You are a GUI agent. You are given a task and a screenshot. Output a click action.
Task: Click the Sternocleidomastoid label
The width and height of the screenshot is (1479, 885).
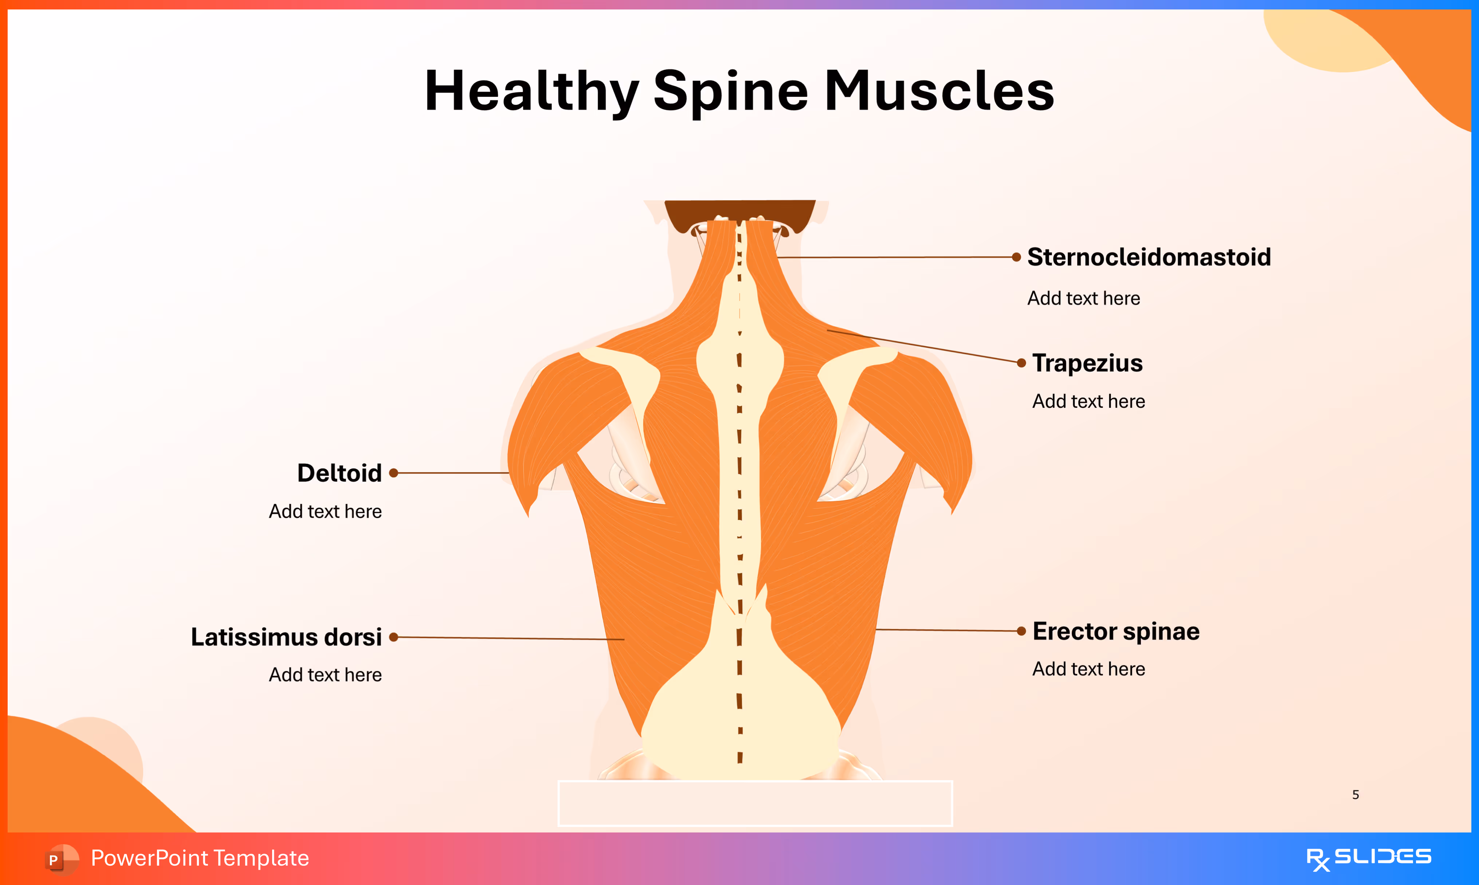1149,257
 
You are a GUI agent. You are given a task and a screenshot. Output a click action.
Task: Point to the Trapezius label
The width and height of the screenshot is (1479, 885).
1087,363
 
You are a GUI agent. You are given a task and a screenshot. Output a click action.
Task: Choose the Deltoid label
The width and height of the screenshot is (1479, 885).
340,473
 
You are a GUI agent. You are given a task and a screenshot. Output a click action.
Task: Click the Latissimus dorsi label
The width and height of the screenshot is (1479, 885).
286,637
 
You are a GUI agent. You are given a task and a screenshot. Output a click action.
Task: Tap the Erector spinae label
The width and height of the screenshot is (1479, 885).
1116,631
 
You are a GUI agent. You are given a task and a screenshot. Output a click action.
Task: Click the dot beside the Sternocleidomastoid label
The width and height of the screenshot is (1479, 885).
1016,257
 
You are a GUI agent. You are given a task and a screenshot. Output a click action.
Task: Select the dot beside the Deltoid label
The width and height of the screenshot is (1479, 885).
393,473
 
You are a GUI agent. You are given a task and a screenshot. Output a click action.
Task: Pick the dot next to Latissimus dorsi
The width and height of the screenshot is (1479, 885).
393,637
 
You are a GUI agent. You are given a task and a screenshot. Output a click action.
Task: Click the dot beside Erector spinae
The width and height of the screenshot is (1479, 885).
1021,631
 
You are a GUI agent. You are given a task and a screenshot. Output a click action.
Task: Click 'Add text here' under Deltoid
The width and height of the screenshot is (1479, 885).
325,511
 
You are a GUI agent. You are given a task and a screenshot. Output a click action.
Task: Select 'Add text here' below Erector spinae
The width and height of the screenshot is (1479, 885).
1088,669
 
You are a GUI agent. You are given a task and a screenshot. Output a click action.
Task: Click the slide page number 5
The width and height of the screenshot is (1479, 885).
1356,794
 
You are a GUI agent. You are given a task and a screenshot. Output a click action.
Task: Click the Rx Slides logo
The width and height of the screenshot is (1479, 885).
1368,858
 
